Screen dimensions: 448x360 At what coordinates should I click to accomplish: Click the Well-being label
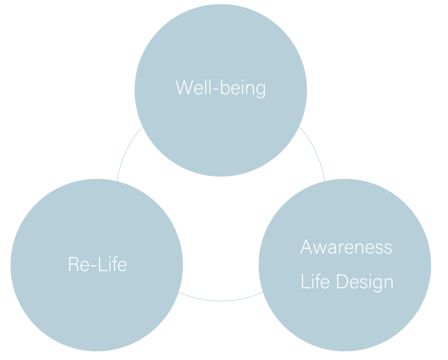pos(221,88)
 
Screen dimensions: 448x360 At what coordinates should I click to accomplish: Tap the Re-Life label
pos(98,264)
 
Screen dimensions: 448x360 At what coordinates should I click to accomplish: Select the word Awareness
pos(346,247)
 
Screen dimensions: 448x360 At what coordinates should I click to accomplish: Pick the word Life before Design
pos(315,281)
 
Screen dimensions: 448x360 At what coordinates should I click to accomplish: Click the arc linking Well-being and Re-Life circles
pos(127,151)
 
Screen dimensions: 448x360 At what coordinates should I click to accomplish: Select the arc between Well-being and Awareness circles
pos(314,151)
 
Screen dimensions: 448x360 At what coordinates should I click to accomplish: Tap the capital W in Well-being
pos(184,87)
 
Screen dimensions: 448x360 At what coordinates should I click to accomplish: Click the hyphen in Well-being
pos(216,89)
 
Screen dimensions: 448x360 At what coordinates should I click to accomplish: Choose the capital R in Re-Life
pos(73,264)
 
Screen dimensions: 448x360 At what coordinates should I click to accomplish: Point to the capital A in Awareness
pos(306,247)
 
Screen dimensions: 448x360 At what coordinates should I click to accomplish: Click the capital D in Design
pos(342,281)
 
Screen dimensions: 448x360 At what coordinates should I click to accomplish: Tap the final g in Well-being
pos(260,91)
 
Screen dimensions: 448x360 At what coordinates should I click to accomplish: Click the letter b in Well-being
pos(225,87)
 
